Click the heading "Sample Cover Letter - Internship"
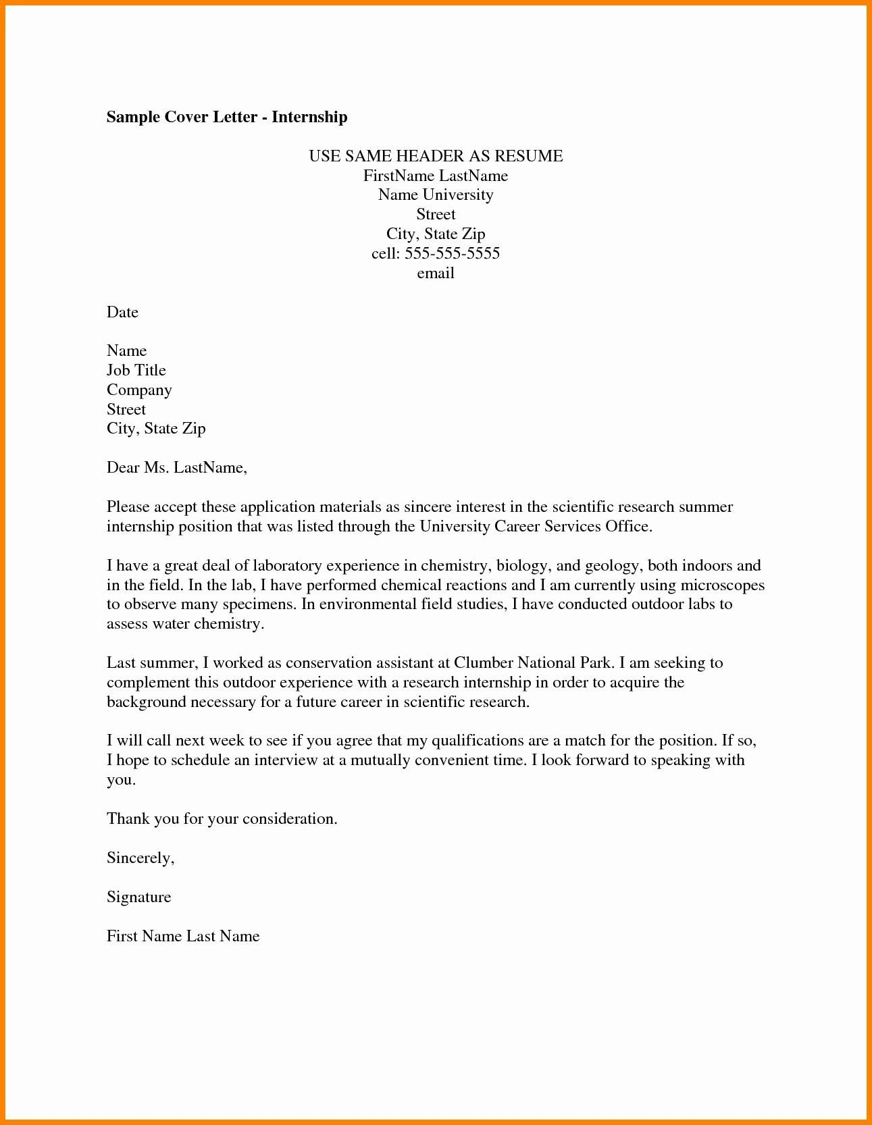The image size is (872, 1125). tap(227, 117)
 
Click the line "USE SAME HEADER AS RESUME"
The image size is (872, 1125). tap(436, 156)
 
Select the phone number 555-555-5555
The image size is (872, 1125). tap(452, 253)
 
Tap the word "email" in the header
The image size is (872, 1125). tap(436, 273)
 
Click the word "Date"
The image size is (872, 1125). tap(122, 312)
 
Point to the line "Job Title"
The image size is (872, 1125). tap(136, 370)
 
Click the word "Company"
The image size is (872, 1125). tap(139, 390)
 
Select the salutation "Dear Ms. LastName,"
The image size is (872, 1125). tap(177, 467)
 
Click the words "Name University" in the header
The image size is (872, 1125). tap(436, 194)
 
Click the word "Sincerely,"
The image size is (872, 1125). tap(140, 858)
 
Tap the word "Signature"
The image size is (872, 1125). tap(138, 897)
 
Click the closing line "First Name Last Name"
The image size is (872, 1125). tap(183, 936)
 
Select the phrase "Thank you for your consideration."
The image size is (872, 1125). tap(222, 818)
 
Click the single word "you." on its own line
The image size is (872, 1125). tap(121, 779)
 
